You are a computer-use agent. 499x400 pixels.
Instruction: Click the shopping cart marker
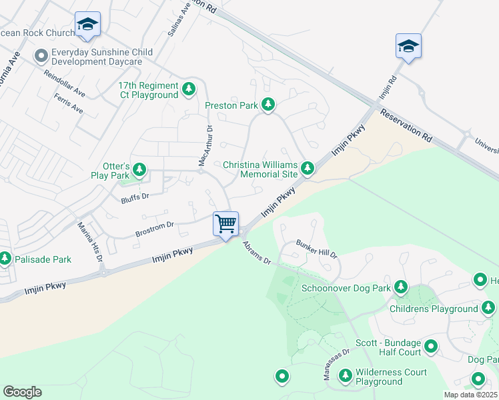[x=226, y=223]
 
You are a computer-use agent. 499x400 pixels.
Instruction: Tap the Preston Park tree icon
[x=268, y=105]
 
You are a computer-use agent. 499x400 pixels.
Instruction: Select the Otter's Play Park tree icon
[x=139, y=170]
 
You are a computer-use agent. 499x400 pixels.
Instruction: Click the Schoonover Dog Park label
[x=346, y=288]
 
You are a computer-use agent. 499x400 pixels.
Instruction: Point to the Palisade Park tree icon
[x=5, y=258]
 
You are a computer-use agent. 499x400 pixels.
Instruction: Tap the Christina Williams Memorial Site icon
[x=307, y=169]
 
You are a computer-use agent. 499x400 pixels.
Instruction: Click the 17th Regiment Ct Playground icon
[x=189, y=89]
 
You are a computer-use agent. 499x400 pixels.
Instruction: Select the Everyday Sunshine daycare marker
[x=41, y=56]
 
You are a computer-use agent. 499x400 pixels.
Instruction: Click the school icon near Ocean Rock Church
[x=87, y=25]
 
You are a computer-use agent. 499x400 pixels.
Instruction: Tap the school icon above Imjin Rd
[x=408, y=46]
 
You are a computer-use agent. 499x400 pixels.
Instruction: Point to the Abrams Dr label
[x=257, y=253]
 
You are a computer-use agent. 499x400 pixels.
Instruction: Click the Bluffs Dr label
[x=135, y=197]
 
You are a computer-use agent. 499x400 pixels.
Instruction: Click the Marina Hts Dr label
[x=98, y=247]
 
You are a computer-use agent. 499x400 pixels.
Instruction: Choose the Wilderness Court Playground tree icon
[x=346, y=377]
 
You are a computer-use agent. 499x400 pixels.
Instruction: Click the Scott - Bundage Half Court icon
[x=430, y=347]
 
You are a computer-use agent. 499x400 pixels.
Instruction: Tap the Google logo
[x=23, y=392]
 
